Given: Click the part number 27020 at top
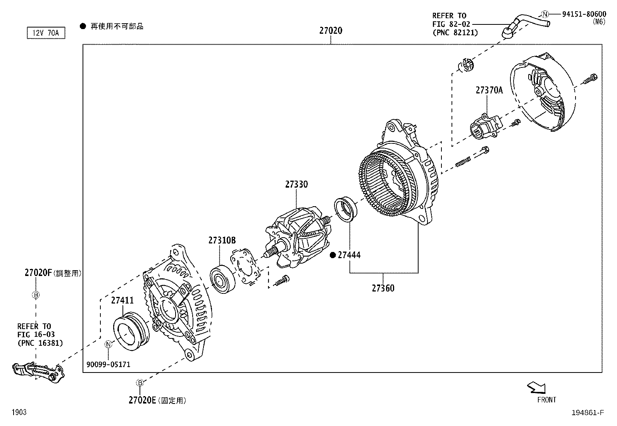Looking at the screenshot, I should [x=331, y=30].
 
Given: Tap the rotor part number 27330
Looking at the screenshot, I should [x=296, y=185].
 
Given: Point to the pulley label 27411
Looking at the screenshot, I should [x=122, y=300].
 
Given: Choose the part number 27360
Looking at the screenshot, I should [x=383, y=288].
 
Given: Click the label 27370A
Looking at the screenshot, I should [x=489, y=90].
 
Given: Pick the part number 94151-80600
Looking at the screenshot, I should [x=584, y=14].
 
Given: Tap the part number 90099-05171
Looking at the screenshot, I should [x=108, y=364].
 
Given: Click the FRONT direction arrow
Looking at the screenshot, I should [x=536, y=387].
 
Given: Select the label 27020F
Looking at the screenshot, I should [x=38, y=273].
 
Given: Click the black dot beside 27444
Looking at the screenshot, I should [x=333, y=255].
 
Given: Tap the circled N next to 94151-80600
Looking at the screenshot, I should [x=545, y=14].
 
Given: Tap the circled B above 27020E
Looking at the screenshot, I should [x=140, y=383].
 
